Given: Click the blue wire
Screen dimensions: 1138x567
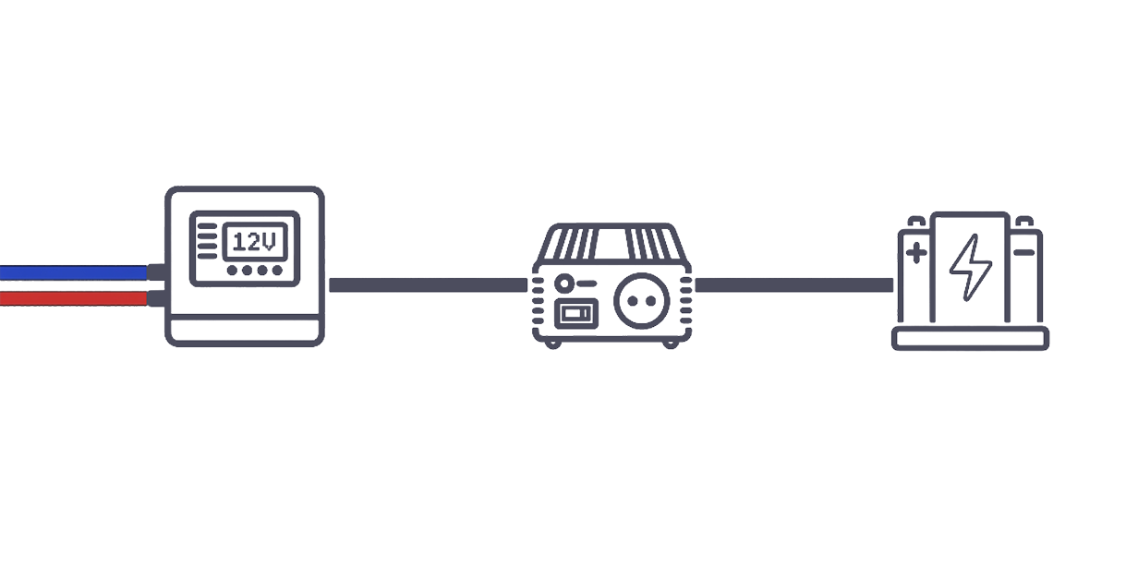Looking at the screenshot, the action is [74, 272].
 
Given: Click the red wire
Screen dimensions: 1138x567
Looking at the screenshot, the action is [74, 298].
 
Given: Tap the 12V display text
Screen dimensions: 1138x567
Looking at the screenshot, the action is [255, 242].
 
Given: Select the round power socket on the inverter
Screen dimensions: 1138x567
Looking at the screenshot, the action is [642, 301].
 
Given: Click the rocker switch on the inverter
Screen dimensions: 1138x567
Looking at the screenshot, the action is [576, 314].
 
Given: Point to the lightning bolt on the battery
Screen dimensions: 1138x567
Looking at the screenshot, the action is [970, 267].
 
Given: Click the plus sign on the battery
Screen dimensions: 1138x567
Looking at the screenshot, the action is [916, 253].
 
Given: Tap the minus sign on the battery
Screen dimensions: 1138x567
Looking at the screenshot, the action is [1023, 252].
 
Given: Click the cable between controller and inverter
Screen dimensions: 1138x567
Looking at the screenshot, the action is [429, 285].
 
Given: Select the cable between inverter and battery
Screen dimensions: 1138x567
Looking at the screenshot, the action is [794, 285].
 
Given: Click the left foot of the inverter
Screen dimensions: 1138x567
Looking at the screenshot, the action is [552, 344].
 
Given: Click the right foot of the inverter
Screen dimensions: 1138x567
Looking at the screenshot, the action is [671, 344].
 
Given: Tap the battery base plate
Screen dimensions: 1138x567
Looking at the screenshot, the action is [970, 339].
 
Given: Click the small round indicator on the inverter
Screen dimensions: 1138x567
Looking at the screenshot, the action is [563, 283].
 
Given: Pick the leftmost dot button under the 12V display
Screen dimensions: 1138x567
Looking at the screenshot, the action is [232, 271].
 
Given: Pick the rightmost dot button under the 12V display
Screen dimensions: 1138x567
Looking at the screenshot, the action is [277, 271].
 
